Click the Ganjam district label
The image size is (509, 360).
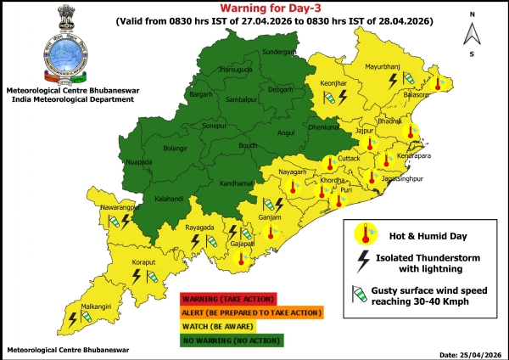pos(267,217)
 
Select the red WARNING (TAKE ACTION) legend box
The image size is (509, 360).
pos(227,298)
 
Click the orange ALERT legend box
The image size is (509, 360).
pos(251,312)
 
